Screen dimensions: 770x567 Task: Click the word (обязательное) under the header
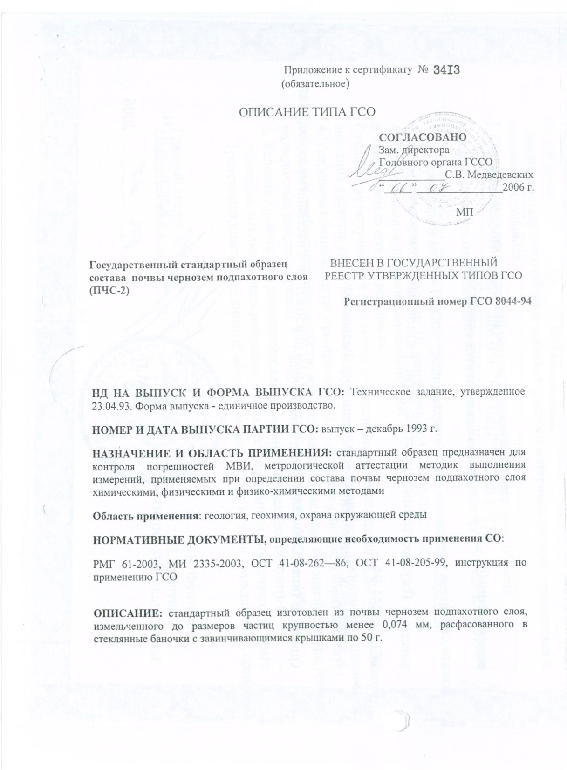pyautogui.click(x=315, y=84)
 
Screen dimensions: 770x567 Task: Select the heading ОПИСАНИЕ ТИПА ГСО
pyautogui.click(x=307, y=112)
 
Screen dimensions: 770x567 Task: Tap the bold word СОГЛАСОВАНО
pyautogui.click(x=423, y=137)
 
